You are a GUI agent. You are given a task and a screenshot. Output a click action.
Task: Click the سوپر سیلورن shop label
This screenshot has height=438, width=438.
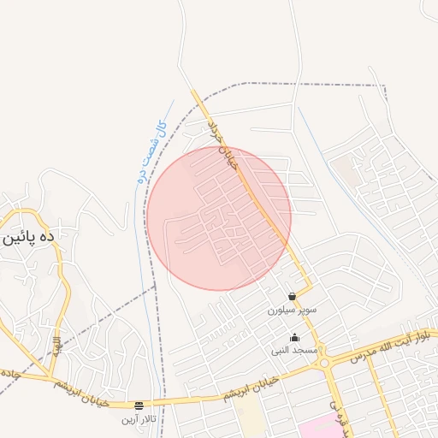pos(292,309)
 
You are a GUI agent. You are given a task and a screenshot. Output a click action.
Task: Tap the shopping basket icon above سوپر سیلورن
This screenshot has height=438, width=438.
pos(293,297)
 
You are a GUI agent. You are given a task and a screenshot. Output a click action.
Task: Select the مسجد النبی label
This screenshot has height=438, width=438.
pos(294,350)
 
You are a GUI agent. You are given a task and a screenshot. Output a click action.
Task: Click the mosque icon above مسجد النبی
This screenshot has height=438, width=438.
pos(295,338)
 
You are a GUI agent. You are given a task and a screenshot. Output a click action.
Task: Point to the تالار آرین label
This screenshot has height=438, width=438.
pos(139,418)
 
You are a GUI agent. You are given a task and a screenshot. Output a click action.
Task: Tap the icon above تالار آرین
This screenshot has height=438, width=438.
pos(139,405)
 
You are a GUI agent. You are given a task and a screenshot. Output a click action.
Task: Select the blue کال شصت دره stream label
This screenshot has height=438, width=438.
pos(150,153)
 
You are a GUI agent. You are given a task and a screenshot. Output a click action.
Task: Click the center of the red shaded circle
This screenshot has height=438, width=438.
pos(218,218)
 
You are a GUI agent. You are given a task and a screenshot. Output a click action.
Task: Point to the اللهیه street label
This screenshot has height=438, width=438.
pos(56,346)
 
